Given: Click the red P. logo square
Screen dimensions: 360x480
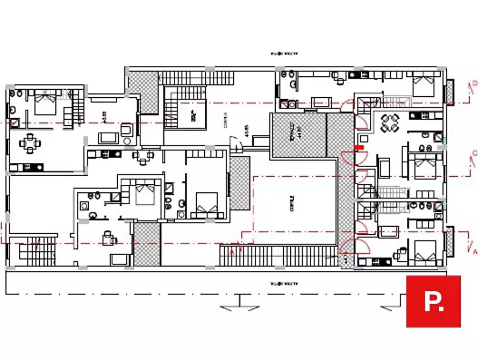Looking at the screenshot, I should [433, 301].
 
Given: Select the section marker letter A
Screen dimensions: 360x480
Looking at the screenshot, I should [473, 250].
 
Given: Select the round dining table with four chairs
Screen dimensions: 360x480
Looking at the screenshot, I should [389, 123].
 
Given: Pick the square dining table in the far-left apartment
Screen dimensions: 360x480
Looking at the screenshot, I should [28, 144].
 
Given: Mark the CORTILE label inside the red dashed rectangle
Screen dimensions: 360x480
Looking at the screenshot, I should [292, 204].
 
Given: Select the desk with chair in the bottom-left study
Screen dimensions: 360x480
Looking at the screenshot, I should [108, 236].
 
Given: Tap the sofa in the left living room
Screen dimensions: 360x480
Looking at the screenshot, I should [108, 137].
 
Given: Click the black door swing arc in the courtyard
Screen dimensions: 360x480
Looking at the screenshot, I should [235, 144].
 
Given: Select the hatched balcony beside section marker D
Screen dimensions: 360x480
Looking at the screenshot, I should [449, 90].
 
